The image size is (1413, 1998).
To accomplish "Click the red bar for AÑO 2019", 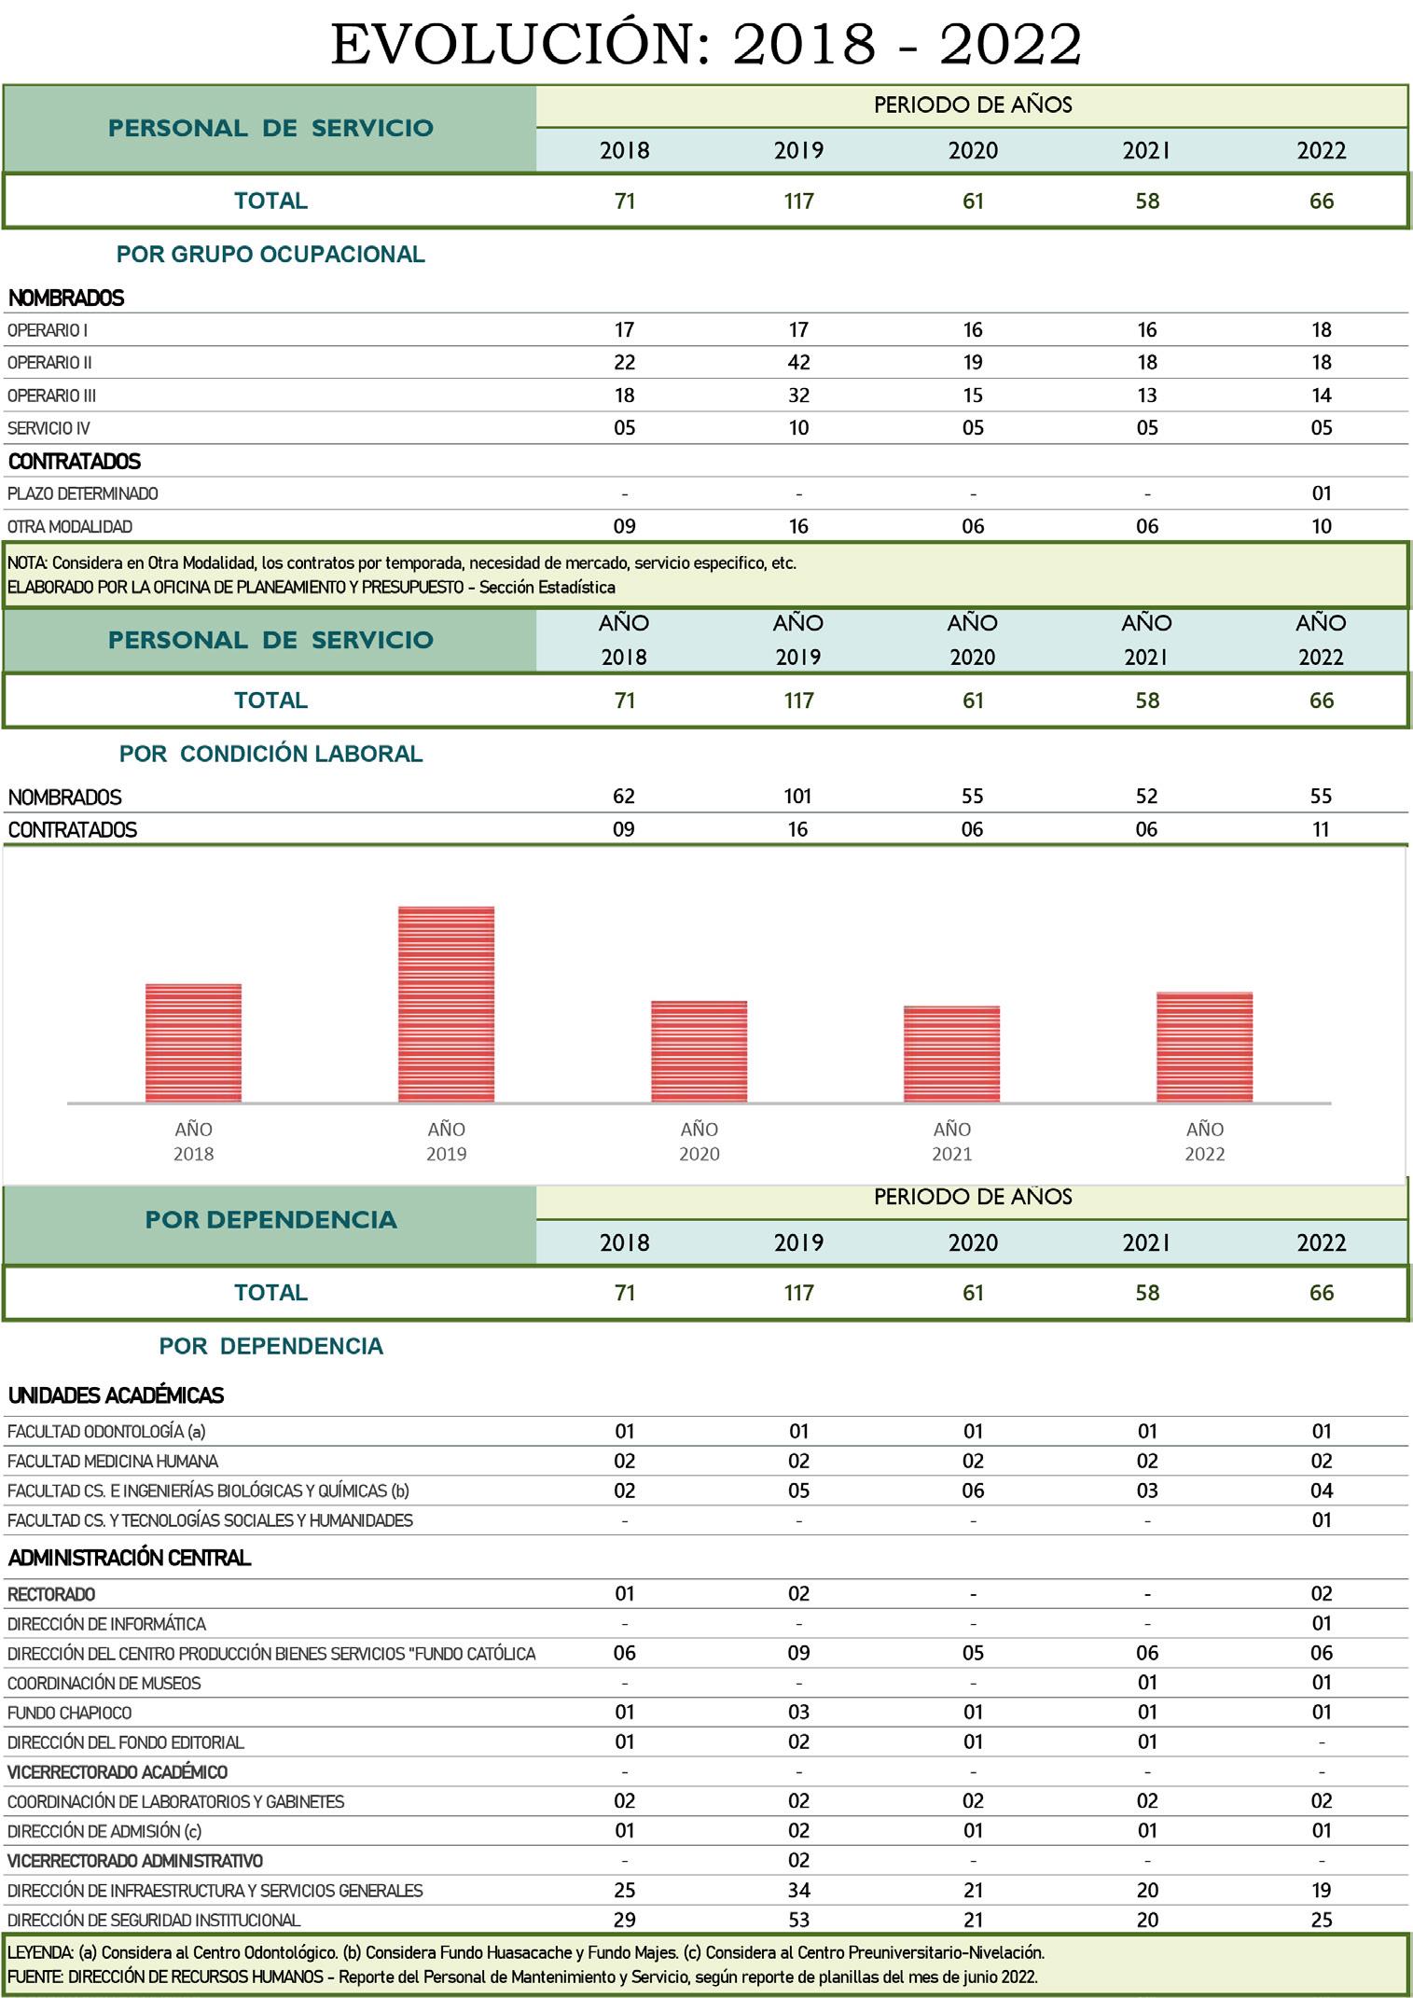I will coord(446,1005).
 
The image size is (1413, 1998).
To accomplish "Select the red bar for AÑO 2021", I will coord(951,1054).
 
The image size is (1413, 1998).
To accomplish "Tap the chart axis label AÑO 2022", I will coord(1204,1141).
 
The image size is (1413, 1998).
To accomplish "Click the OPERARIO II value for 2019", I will coord(798,363).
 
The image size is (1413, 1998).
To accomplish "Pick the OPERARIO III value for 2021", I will coord(1146,395).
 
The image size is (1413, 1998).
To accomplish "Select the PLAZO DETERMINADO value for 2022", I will coord(1321,493).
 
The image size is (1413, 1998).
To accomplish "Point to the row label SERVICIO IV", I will coord(48,428).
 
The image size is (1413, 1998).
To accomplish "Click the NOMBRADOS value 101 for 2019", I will coord(797,797).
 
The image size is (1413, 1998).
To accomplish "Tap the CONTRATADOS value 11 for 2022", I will coord(1321,829).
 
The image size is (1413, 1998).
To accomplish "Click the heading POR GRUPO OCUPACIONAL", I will coord(270,255).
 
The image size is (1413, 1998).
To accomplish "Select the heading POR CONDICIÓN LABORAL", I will coord(270,754).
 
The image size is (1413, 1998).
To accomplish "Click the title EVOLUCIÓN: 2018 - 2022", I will coord(706,44).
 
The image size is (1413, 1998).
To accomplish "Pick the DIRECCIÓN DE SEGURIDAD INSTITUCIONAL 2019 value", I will coord(798,1920).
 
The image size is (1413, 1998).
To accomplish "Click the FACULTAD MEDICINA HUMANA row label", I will coord(112,1462).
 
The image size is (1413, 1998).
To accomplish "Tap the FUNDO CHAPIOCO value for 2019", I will coord(798,1713).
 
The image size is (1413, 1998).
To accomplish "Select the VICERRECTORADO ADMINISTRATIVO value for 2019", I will coord(798,1861).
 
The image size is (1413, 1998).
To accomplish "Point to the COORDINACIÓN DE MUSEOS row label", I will coord(104,1684).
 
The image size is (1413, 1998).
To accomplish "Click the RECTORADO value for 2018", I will coord(624,1594).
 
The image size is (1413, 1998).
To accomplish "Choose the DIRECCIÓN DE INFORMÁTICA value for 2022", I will coord(1321,1624).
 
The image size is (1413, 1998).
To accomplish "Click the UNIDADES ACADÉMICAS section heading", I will coord(116,1396).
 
